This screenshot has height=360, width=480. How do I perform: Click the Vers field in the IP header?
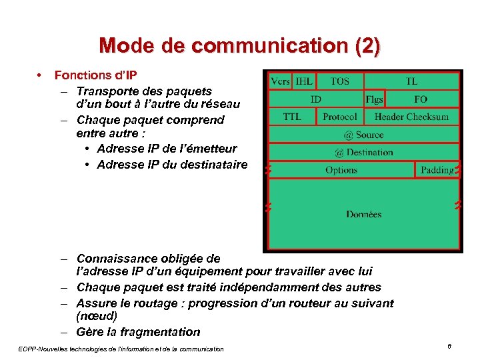[280, 81]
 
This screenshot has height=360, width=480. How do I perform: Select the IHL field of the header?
[304, 81]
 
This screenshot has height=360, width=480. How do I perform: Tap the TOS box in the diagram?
[340, 81]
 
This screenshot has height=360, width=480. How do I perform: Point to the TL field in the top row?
[412, 81]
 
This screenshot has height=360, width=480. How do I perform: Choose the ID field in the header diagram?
[316, 99]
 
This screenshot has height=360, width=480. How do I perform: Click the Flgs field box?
[374, 99]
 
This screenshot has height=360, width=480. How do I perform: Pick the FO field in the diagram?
[421, 99]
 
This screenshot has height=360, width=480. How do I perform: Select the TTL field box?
[292, 117]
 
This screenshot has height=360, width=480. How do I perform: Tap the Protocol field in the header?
[340, 117]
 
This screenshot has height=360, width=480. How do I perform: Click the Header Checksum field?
[411, 117]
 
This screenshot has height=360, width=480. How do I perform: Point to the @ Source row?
[363, 135]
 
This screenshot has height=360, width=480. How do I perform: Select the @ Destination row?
[363, 152]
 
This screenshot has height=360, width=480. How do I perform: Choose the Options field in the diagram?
[341, 170]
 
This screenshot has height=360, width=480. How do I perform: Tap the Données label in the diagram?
[363, 214]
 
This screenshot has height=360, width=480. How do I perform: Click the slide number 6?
[450, 346]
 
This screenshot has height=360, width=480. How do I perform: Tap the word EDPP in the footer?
[27, 349]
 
